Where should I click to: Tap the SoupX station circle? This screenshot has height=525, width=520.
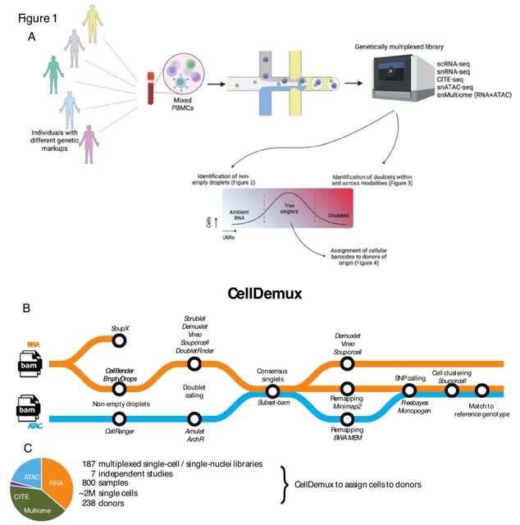[120, 340]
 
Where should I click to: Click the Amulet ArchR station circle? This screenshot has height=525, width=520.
[194, 418]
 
